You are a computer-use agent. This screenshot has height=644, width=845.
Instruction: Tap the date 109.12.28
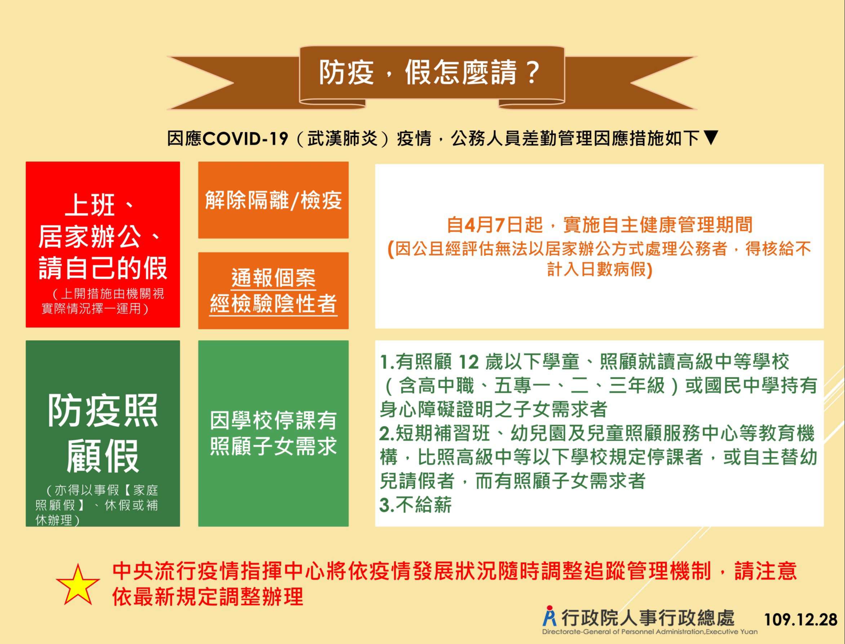click(x=801, y=620)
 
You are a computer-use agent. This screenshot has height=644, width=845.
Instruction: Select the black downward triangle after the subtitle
click(x=711, y=138)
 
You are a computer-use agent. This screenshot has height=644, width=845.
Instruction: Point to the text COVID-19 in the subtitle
click(x=245, y=138)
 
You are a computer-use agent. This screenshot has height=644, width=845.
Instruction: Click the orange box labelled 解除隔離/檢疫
click(x=273, y=200)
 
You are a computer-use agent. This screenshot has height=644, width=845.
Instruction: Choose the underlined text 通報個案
click(x=273, y=278)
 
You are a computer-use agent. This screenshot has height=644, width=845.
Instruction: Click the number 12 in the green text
click(x=469, y=362)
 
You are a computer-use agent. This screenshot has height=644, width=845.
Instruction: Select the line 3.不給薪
click(x=415, y=505)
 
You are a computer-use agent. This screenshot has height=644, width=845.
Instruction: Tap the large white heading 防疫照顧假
click(x=103, y=433)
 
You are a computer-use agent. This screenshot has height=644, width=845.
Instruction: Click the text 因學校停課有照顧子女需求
click(x=273, y=434)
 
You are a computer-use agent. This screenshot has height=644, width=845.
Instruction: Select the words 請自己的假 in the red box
click(x=103, y=267)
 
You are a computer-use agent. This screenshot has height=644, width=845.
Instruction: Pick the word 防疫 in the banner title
click(x=346, y=72)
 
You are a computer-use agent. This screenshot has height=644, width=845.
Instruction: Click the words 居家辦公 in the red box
click(x=90, y=236)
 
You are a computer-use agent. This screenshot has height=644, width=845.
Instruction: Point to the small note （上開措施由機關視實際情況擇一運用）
click(x=103, y=301)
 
